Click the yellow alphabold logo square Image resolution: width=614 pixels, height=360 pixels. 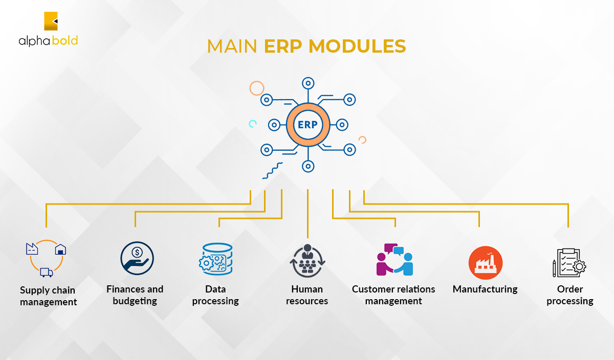click(x=51, y=21)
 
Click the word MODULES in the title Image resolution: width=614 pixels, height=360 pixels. click(x=357, y=46)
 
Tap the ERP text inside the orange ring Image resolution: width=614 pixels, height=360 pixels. click(x=308, y=125)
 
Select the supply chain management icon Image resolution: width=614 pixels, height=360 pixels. click(x=46, y=258)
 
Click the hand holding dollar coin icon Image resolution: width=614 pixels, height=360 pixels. click(x=137, y=258)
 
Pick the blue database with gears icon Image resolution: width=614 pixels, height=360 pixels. click(x=216, y=259)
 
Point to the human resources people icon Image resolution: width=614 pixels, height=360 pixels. click(x=308, y=261)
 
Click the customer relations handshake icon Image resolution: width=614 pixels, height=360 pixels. click(x=394, y=259)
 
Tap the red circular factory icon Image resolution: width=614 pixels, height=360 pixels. click(x=486, y=263)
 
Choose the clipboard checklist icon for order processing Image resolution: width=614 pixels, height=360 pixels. click(x=569, y=263)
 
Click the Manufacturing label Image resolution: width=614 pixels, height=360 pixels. click(x=485, y=289)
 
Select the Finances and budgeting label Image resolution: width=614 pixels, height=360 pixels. click(x=135, y=295)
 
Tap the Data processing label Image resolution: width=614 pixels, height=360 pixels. click(x=215, y=295)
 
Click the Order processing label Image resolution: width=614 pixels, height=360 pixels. click(x=570, y=295)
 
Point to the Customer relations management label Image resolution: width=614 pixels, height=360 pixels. click(x=393, y=295)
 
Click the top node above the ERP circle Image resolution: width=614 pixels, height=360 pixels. click(x=308, y=83)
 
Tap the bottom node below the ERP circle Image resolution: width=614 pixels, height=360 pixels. click(x=308, y=166)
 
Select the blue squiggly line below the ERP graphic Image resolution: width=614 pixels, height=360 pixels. click(x=272, y=171)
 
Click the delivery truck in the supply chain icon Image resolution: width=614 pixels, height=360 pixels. click(x=47, y=273)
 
